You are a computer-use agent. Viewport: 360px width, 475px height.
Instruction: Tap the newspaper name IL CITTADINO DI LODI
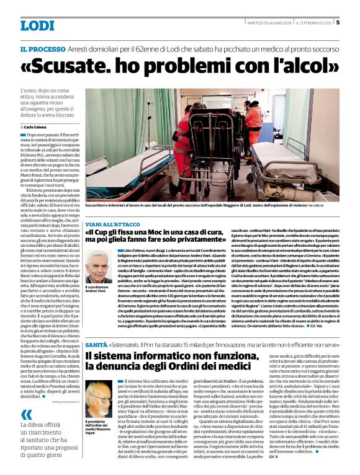pyautogui.click(x=312, y=23)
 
